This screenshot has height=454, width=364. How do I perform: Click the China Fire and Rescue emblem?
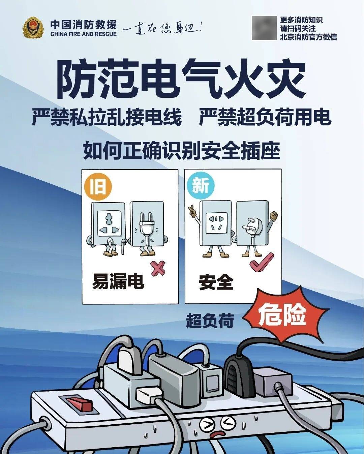[33, 28]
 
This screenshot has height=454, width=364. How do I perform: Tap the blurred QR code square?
[264, 28]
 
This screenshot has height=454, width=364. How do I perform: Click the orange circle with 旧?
[98, 186]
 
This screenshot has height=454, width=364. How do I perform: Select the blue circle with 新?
[201, 186]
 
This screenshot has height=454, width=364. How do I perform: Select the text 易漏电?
[118, 282]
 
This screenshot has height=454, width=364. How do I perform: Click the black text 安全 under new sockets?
[216, 282]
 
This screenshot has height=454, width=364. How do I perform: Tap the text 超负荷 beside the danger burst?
[210, 321]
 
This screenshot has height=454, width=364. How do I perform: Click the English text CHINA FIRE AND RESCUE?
[84, 34]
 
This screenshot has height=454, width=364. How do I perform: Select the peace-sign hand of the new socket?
[192, 210]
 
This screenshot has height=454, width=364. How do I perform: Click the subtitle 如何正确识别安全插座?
[182, 151]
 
